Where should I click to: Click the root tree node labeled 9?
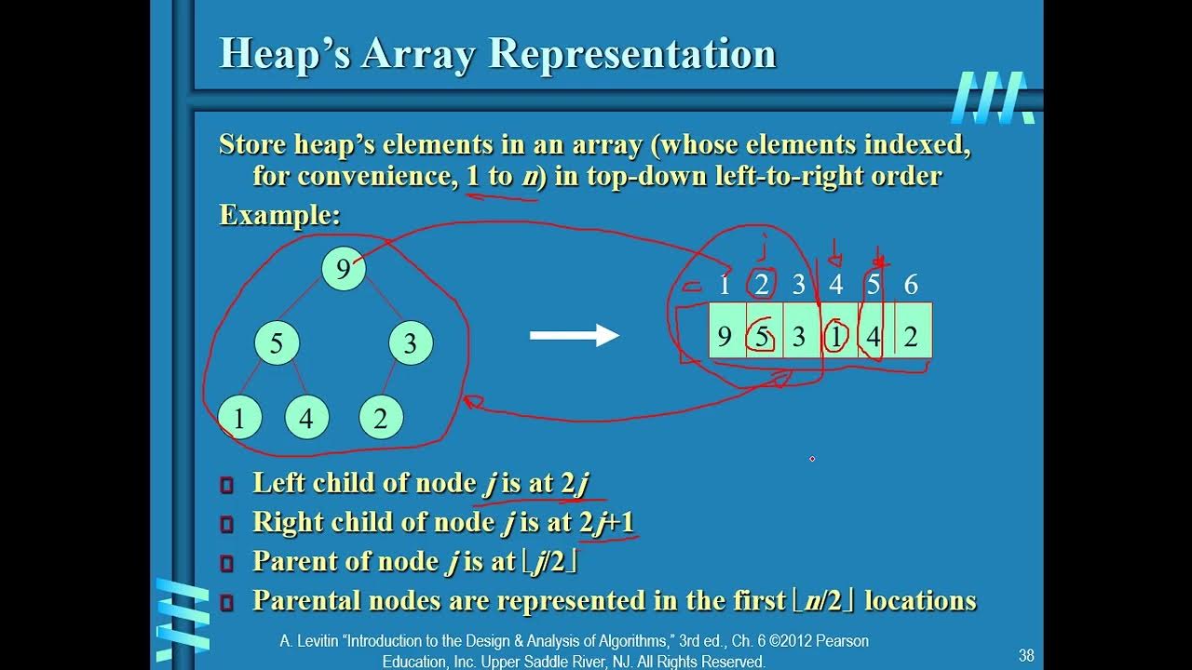pos(344,269)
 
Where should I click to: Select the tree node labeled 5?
pos(277,343)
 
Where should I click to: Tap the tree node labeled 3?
pos(410,343)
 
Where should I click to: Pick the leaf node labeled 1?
pos(239,419)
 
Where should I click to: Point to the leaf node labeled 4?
pos(306,419)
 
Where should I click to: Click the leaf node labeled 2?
pos(380,419)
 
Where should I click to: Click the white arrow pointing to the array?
pos(574,335)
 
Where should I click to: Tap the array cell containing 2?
pos(912,335)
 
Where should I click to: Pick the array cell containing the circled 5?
pos(763,335)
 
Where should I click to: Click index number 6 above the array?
pos(911,285)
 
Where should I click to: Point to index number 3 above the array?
pos(798,285)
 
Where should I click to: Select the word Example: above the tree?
pos(279,215)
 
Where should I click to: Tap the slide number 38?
pos(1026,655)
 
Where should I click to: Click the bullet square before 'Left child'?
pos(226,485)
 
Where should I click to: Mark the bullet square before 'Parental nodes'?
pos(226,603)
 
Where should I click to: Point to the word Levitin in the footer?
pos(321,641)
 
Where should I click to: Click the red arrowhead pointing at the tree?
pos(471,402)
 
